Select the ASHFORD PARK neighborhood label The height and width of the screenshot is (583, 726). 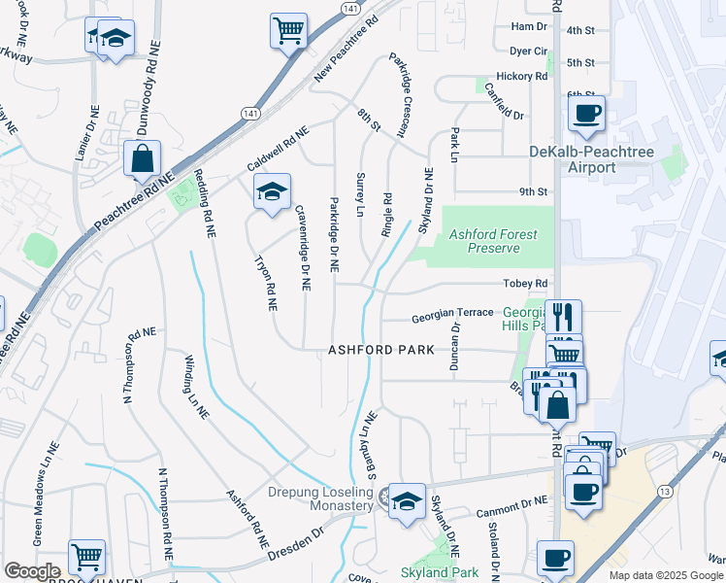pyautogui.click(x=375, y=350)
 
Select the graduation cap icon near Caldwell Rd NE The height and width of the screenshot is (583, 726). pyautogui.click(x=272, y=190)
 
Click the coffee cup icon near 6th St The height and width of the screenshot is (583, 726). pyautogui.click(x=586, y=113)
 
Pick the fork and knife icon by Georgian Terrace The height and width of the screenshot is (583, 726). pyautogui.click(x=562, y=316)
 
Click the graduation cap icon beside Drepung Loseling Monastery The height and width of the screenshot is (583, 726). pyautogui.click(x=408, y=500)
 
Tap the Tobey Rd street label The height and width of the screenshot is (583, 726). pyautogui.click(x=526, y=283)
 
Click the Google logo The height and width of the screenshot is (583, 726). pyautogui.click(x=32, y=571)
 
